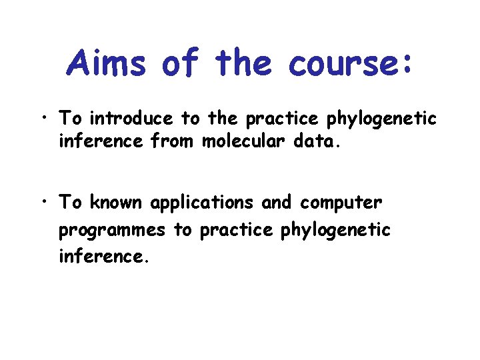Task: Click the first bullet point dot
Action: pos(42,119)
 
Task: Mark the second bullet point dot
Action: pos(42,201)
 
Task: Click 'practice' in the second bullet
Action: pos(236,230)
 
